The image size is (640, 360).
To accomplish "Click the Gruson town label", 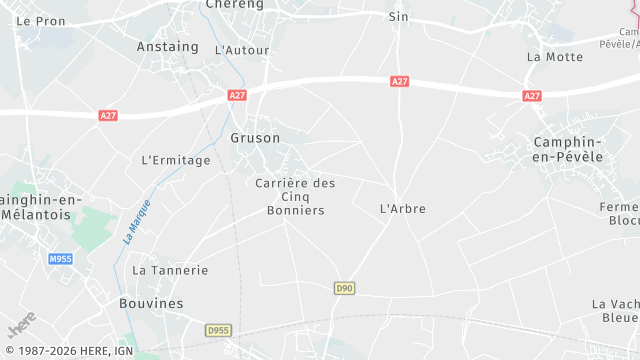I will click(x=255, y=138).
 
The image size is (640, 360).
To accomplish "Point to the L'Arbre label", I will click(x=403, y=209).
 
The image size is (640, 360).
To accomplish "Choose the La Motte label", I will click(x=554, y=57).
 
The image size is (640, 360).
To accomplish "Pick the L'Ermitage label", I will click(x=176, y=160).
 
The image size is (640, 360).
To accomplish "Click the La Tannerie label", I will click(x=170, y=270).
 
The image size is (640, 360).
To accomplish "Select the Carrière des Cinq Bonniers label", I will click(x=295, y=196).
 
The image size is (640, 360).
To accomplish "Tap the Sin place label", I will click(x=399, y=17).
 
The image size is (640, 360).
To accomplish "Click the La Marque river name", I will click(x=136, y=222).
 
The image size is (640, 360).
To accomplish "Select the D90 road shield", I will click(x=344, y=288).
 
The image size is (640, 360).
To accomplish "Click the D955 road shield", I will click(x=218, y=330).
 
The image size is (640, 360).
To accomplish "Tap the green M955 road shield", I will click(x=60, y=259).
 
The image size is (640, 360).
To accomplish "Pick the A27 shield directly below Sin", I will click(x=400, y=82).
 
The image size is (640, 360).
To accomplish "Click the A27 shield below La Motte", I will click(x=532, y=96).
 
